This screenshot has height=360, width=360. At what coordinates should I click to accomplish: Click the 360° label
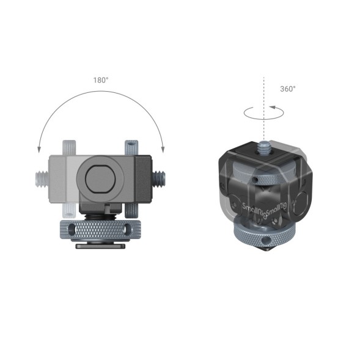coord(287,89)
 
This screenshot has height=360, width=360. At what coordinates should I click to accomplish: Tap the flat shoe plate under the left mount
coord(100,246)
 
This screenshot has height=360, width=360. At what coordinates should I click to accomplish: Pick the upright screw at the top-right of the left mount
coord(130,147)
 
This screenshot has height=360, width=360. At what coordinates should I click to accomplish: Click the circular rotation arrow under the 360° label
coord(262,112)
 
